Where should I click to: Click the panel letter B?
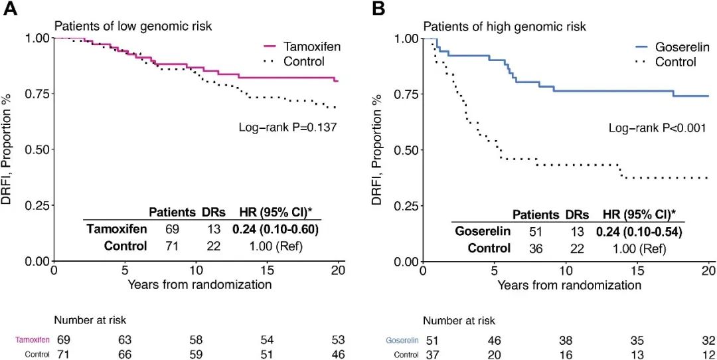pos(379,9)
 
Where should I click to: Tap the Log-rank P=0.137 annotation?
pos(287,125)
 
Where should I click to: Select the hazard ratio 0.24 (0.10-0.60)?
pos(274,229)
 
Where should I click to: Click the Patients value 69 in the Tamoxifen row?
pos(171,229)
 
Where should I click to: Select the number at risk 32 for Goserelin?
pos(708,340)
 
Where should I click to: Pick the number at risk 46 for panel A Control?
pos(338,355)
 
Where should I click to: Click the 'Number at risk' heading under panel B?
pos(459,321)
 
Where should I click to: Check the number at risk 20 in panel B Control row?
pos(493,355)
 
